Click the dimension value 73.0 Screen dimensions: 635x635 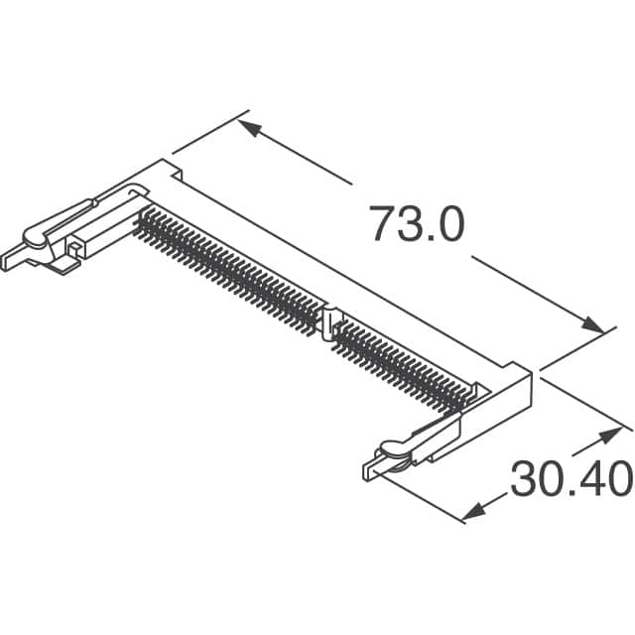[417, 223]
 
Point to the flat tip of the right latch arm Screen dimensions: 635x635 [370, 466]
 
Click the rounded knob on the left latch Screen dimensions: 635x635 [34, 241]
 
